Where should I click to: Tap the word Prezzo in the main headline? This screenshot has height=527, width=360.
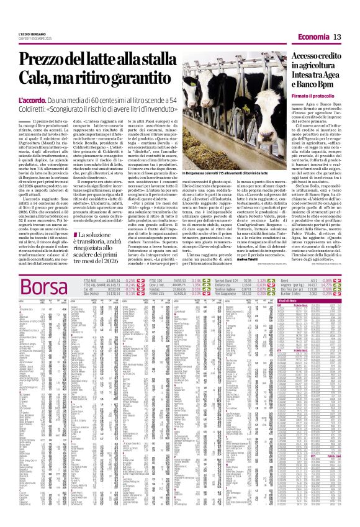click(44, 60)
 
